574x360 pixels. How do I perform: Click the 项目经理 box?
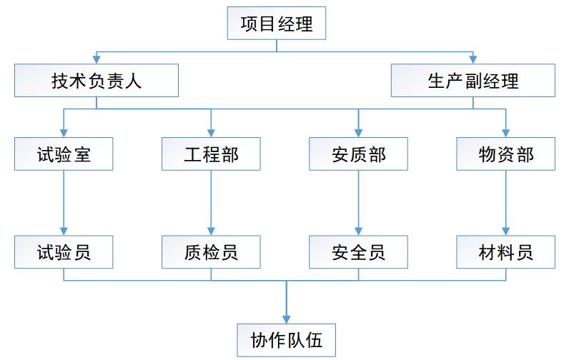click(277, 24)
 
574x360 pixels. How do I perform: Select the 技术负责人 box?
click(97, 80)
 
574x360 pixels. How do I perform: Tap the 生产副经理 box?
click(473, 80)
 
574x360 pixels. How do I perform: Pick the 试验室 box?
click(64, 154)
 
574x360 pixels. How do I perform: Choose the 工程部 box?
click(211, 154)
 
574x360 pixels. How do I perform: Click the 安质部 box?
click(358, 154)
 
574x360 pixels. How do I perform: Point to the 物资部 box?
click(505, 154)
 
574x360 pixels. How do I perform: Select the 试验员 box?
click(64, 252)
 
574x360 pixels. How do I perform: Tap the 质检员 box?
click(211, 252)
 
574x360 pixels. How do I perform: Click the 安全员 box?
click(358, 252)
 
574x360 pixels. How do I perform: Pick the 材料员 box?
click(505, 252)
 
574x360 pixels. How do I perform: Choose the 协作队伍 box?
click(287, 339)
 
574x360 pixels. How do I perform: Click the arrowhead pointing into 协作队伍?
click(287, 317)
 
